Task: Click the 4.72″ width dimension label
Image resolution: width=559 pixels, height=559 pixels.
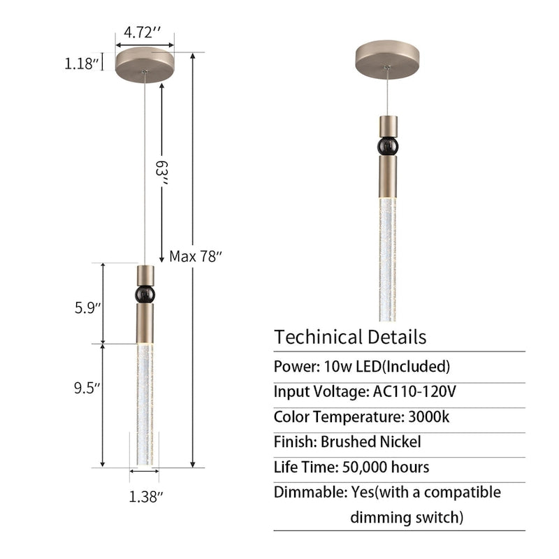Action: click(x=143, y=32)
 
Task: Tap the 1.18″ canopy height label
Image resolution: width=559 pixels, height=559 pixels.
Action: click(x=81, y=64)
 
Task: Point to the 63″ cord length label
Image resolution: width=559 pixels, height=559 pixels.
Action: click(x=161, y=173)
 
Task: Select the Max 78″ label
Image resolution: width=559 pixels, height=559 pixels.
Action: click(x=196, y=256)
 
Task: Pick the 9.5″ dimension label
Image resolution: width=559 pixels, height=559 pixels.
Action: click(x=87, y=388)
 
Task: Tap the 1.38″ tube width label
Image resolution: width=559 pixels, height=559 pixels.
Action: click(x=146, y=497)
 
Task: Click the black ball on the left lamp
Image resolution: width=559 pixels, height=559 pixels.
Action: click(x=145, y=294)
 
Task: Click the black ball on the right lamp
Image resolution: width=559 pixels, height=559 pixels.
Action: click(x=388, y=146)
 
